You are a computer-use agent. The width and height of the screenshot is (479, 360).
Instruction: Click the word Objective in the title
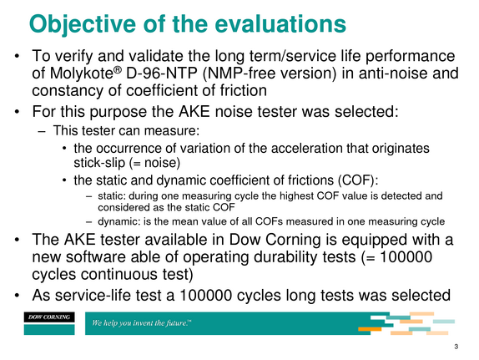point(83,24)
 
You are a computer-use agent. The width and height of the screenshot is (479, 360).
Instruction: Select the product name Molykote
point(82,74)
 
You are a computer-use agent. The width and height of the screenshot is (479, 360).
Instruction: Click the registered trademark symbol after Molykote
point(118,69)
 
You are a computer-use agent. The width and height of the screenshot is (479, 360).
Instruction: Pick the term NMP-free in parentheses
point(242,74)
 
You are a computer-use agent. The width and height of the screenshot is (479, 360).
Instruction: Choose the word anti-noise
point(393,74)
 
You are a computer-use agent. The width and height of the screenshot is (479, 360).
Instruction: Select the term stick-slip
point(99,163)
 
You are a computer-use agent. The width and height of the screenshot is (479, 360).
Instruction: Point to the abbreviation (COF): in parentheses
point(358,180)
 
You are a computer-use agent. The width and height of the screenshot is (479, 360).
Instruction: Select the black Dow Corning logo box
point(49,317)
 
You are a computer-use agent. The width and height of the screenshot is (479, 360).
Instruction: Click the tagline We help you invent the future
point(141,323)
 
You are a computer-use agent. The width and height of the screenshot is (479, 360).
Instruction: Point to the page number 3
point(456,347)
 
